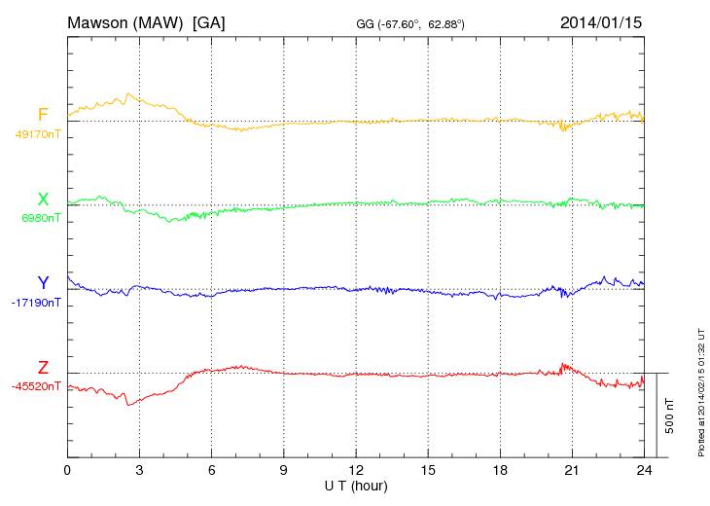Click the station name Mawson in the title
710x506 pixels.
click(x=98, y=21)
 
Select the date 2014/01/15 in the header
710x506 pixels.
click(x=601, y=21)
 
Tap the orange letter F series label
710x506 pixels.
click(x=43, y=115)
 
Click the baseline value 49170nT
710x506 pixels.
click(x=38, y=134)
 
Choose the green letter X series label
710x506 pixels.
click(x=43, y=199)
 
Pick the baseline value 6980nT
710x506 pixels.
click(x=41, y=218)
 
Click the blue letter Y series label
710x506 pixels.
click(x=43, y=283)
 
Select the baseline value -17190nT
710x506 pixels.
click(x=37, y=303)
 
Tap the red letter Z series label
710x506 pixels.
click(x=43, y=367)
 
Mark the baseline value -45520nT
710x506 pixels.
click(x=37, y=386)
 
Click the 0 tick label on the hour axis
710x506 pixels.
click(x=67, y=470)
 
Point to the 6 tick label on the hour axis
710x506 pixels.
click(x=211, y=470)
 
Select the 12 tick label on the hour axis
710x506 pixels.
click(x=356, y=470)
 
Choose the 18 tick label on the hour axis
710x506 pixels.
click(x=500, y=470)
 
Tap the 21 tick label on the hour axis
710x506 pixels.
click(x=572, y=470)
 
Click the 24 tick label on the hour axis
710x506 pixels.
click(x=644, y=470)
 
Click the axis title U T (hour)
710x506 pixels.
click(x=356, y=485)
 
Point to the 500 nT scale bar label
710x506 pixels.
click(x=669, y=416)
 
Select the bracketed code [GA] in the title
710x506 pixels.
click(x=209, y=21)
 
